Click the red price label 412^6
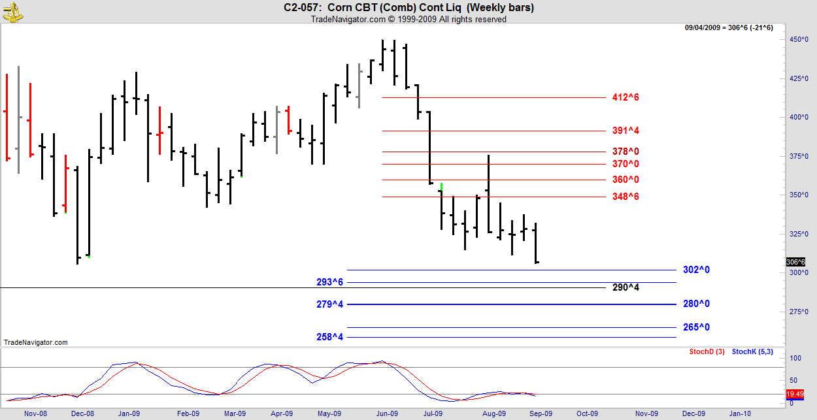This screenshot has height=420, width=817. (x=625, y=97)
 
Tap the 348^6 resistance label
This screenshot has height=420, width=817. (x=625, y=197)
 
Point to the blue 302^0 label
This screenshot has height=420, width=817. (x=696, y=270)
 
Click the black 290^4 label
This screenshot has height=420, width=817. (x=625, y=287)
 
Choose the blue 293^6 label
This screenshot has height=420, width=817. (x=330, y=282)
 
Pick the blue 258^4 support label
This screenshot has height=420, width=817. (x=330, y=337)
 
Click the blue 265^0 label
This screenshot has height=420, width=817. (x=696, y=327)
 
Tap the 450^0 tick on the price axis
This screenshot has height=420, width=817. (x=796, y=40)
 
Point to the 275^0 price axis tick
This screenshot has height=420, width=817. (x=796, y=312)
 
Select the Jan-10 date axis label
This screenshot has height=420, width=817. (x=739, y=413)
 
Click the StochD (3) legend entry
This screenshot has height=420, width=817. (x=707, y=352)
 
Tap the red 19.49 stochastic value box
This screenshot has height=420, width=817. (x=795, y=394)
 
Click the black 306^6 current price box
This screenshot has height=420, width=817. (x=795, y=262)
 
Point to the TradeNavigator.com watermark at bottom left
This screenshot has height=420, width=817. (x=35, y=342)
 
